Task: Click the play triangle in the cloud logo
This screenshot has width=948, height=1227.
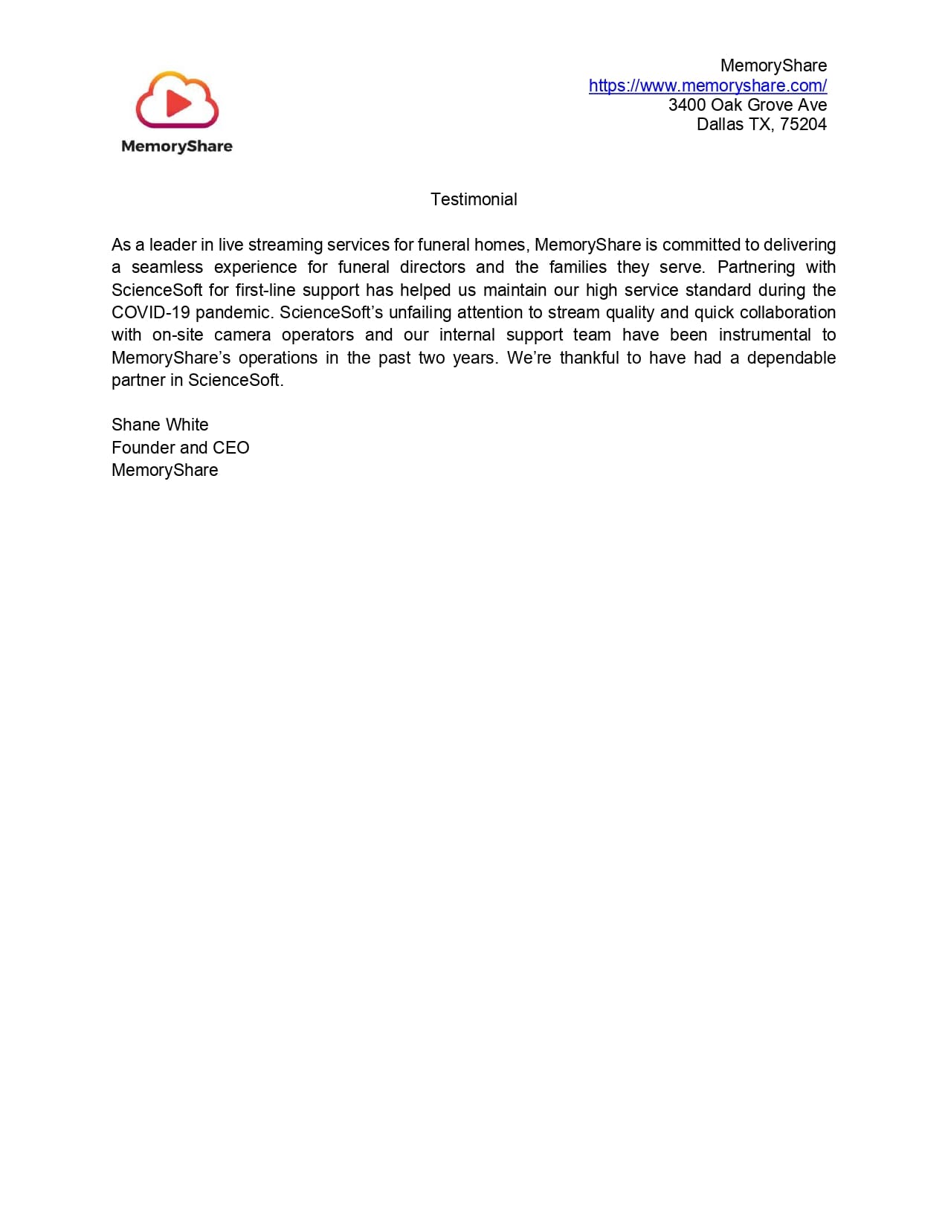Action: click(x=178, y=103)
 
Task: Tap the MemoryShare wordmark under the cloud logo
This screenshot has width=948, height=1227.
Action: click(x=177, y=146)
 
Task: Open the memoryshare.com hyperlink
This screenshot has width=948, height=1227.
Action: click(x=707, y=86)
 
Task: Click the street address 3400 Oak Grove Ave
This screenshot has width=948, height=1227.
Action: click(x=747, y=105)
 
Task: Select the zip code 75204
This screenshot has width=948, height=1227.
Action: click(x=803, y=124)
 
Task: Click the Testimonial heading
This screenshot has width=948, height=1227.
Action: click(x=474, y=199)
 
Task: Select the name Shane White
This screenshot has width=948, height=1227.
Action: click(x=160, y=425)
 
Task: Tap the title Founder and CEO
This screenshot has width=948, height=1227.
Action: click(x=180, y=448)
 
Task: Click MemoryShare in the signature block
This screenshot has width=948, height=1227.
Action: click(x=164, y=470)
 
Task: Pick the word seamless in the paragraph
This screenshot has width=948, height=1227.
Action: click(x=167, y=267)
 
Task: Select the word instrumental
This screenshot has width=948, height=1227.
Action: click(x=764, y=335)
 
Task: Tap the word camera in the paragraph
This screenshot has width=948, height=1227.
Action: click(x=242, y=335)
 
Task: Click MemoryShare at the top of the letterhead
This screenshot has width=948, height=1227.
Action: click(x=773, y=65)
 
